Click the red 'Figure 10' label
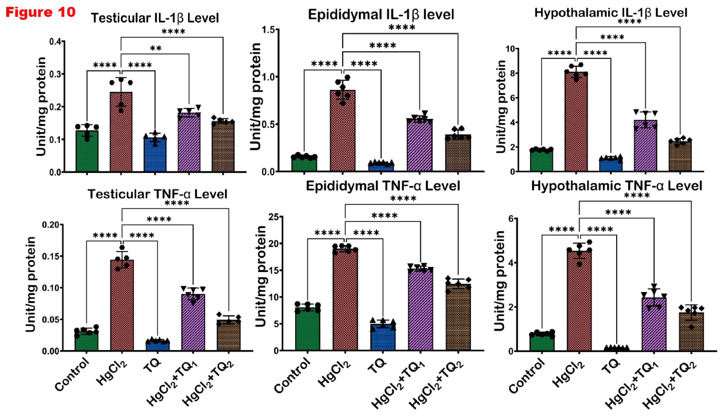pyautogui.click(x=40, y=12)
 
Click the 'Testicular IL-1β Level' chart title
pyautogui.click(x=155, y=18)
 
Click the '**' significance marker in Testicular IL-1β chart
pyautogui.click(x=156, y=48)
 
